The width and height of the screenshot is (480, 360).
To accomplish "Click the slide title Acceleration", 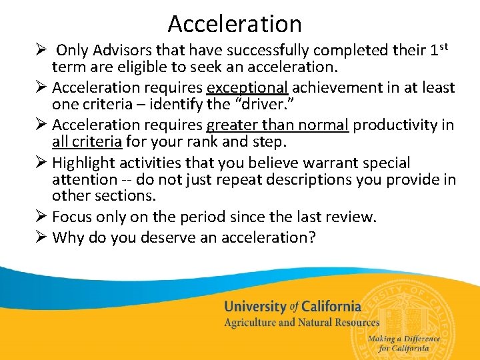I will (235, 24).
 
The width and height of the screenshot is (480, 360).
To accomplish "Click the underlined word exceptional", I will (247, 87).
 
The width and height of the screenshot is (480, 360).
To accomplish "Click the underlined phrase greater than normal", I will (277, 125).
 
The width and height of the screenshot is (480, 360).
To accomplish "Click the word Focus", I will (73, 217).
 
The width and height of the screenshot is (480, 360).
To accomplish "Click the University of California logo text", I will (293, 307).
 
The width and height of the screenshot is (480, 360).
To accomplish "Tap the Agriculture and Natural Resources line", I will (301, 323).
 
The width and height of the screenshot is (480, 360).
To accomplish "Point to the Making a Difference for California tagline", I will (404, 343).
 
